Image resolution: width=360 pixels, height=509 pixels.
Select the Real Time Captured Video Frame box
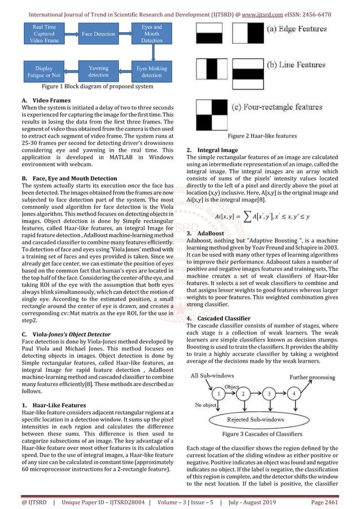point(44,34)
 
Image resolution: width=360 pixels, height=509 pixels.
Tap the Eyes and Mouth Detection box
point(151,34)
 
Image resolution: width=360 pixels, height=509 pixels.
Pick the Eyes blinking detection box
point(152,71)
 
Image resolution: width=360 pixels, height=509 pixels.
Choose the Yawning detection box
point(98,71)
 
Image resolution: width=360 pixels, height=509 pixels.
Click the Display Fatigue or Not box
point(43,72)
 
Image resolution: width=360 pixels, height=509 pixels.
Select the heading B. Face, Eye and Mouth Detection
point(71,177)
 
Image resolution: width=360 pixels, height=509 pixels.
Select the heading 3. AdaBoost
point(208,232)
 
